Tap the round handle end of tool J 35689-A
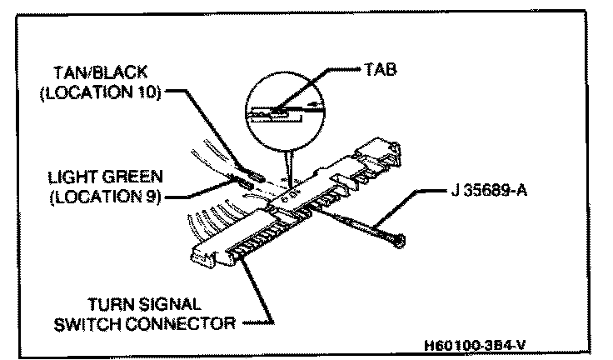(401, 240)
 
